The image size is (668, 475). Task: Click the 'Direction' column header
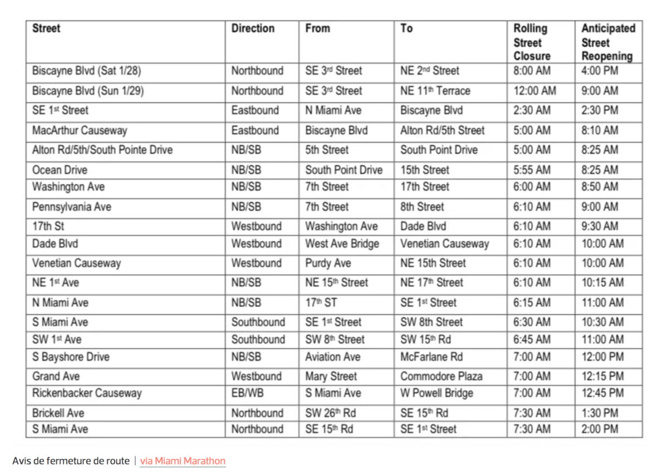click(253, 28)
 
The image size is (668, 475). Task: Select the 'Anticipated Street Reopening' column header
click(607, 42)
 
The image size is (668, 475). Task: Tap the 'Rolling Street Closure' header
click(532, 42)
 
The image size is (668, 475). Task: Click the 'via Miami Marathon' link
click(183, 461)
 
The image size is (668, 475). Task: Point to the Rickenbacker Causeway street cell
click(87, 393)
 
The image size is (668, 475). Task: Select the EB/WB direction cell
click(248, 393)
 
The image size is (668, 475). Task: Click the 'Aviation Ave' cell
click(332, 357)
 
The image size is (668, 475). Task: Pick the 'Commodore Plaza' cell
click(441, 376)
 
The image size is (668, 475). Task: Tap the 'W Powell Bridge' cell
click(436, 393)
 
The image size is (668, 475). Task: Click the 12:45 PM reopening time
click(602, 393)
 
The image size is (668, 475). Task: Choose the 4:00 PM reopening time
click(600, 71)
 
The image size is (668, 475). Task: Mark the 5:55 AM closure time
click(532, 170)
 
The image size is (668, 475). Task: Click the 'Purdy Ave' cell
click(328, 263)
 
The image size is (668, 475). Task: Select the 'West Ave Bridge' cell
click(342, 244)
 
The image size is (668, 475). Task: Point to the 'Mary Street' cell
click(331, 376)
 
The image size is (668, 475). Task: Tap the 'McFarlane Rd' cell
click(431, 357)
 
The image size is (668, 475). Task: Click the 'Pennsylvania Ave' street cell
click(72, 207)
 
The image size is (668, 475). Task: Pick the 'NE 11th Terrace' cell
click(435, 91)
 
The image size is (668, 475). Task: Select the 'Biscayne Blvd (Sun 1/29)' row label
click(88, 91)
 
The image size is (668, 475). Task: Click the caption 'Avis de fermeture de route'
click(71, 461)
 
